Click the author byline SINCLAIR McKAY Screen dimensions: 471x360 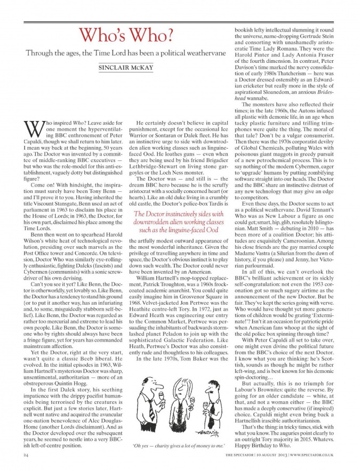tap(119, 68)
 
